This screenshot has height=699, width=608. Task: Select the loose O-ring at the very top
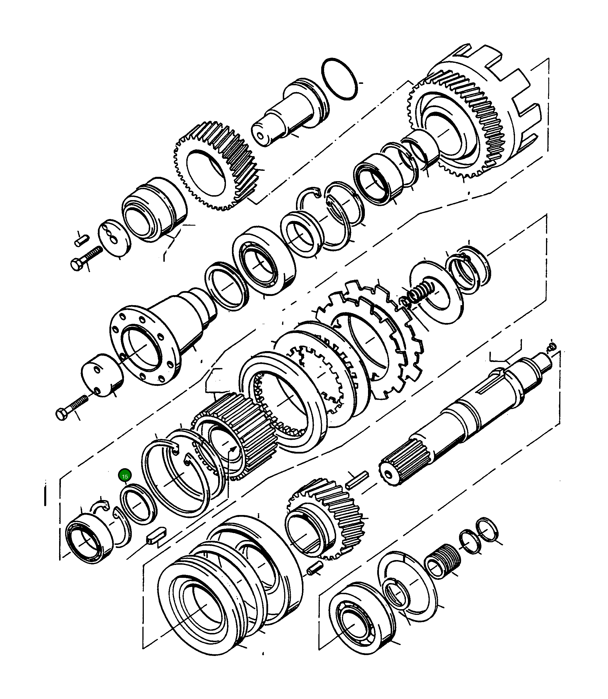click(339, 79)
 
